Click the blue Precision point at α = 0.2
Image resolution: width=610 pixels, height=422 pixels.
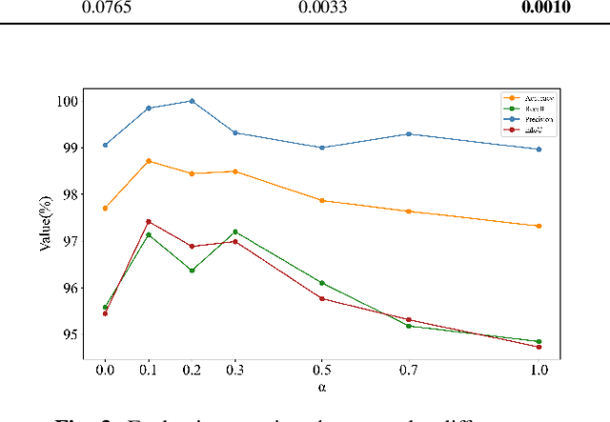(x=192, y=101)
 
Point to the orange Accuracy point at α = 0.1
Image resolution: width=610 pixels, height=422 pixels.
(x=148, y=161)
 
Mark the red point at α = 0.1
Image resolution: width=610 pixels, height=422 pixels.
(x=148, y=221)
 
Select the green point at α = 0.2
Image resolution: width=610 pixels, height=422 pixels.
(x=192, y=271)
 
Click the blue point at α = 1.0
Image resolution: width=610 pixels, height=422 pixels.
(x=539, y=149)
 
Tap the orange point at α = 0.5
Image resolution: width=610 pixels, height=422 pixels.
(x=321, y=201)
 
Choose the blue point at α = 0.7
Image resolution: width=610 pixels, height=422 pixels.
(x=408, y=134)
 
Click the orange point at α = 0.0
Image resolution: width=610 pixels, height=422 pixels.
(x=105, y=208)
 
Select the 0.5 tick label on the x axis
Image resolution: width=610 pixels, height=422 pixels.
(x=321, y=369)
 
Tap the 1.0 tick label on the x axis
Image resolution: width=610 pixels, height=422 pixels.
(x=539, y=369)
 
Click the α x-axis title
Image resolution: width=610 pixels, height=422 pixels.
(x=321, y=388)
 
